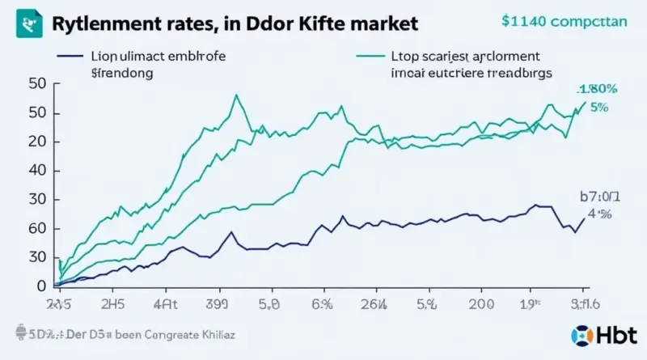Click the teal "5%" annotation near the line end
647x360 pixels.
click(x=598, y=106)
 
